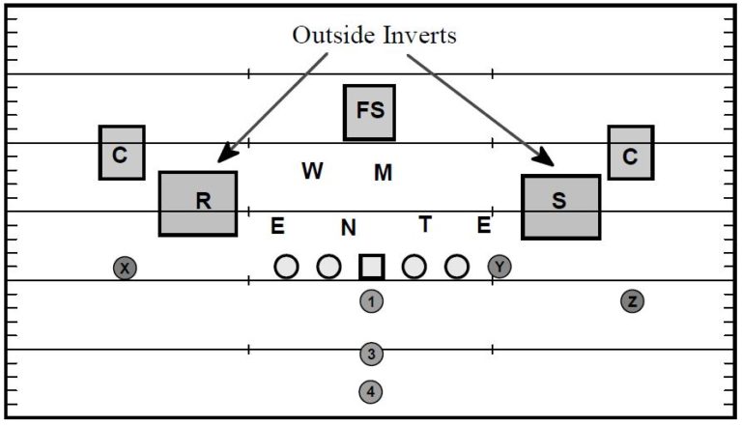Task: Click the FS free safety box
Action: tap(370, 112)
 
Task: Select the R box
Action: tap(198, 203)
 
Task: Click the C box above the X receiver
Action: tap(121, 153)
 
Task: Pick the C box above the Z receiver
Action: tap(630, 153)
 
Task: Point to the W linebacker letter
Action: tap(312, 171)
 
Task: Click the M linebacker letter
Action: tap(384, 173)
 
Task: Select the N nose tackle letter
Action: tap(349, 229)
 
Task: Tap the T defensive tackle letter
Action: tap(424, 225)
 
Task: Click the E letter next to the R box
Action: tap(277, 227)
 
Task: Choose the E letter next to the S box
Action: tap(484, 226)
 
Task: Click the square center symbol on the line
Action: tap(372, 267)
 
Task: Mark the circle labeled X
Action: tap(125, 268)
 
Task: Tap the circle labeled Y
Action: tap(499, 267)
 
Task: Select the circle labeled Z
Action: tap(632, 301)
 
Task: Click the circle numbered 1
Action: tap(372, 302)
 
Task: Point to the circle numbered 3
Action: tap(372, 355)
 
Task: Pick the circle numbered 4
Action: tap(372, 392)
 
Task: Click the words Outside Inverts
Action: tap(374, 35)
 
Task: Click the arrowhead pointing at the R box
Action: tap(225, 155)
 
